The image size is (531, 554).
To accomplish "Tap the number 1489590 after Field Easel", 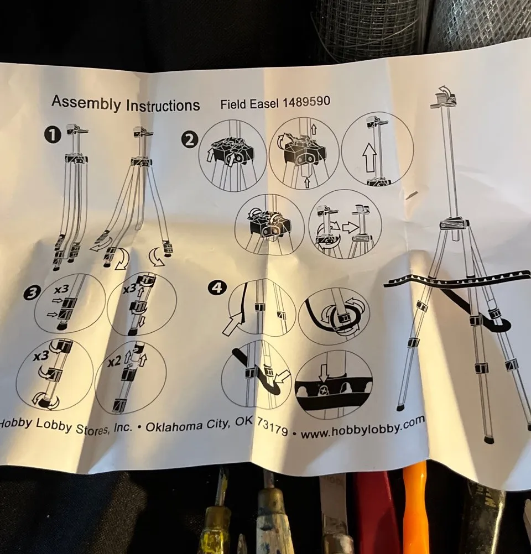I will click(306, 102).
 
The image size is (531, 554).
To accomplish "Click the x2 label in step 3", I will click(113, 363).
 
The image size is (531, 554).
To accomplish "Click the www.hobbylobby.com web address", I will click(363, 428).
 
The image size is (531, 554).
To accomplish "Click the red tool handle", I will click(377, 514).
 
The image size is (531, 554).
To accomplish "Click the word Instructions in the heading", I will click(163, 104).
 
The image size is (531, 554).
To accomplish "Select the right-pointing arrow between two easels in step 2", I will click(350, 227).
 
